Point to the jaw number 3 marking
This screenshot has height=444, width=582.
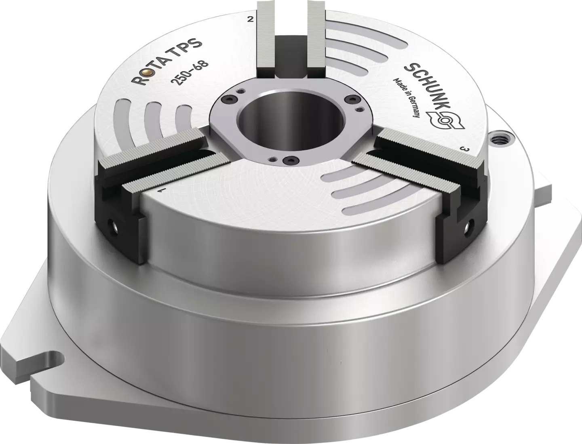[466, 149]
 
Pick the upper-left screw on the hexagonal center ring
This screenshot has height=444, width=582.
[231, 98]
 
